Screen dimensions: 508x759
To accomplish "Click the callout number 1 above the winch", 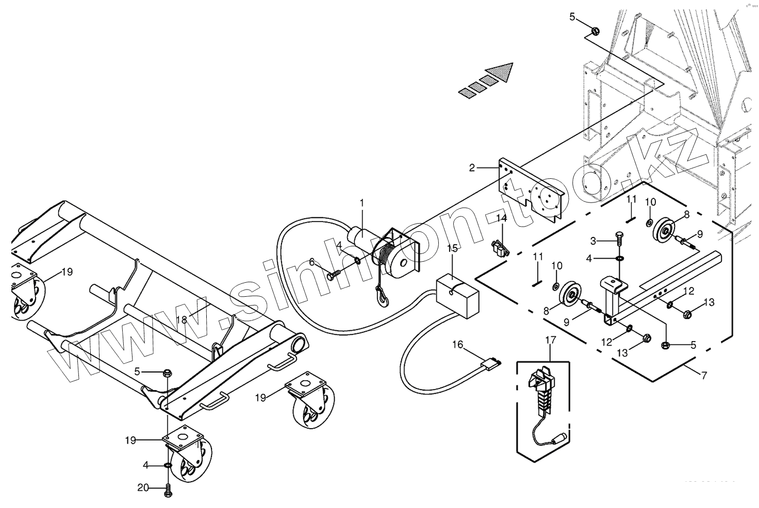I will (x=361, y=203).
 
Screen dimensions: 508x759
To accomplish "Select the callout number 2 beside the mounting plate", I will (x=472, y=167).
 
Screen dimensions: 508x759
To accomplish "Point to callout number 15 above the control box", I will (x=452, y=248).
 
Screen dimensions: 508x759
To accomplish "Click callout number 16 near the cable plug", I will (x=458, y=344).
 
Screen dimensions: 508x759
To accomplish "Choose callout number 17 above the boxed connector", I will (x=550, y=340).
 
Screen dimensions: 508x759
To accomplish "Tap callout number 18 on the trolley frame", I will (x=181, y=319).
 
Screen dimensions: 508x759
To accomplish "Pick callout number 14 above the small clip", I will (x=502, y=218).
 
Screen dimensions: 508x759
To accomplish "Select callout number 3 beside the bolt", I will (x=593, y=241).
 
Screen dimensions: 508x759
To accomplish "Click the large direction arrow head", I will (x=502, y=72).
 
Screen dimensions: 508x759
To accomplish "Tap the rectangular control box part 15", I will (x=458, y=297).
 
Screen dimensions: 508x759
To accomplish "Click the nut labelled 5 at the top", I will (x=594, y=31).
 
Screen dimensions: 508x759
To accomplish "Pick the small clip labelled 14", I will (x=500, y=249).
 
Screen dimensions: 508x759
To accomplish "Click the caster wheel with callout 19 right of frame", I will (x=312, y=411).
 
